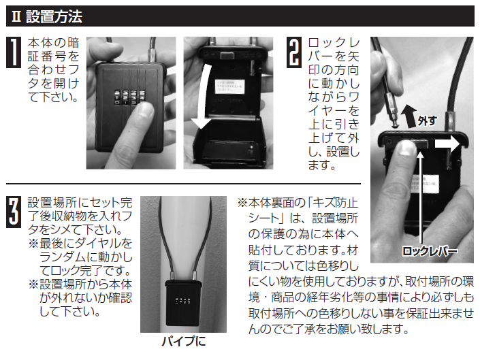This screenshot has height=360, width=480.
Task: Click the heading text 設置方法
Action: tap(54, 16)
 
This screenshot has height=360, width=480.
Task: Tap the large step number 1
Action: tap(14, 52)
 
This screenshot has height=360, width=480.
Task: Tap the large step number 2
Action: tap(294, 52)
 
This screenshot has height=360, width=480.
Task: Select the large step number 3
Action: tap(14, 212)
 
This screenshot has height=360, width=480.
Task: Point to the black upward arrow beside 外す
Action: tap(409, 116)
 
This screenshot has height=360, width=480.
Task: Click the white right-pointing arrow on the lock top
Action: tap(447, 143)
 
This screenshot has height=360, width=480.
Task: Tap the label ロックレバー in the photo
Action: tap(430, 251)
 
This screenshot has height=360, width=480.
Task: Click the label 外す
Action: tap(428, 120)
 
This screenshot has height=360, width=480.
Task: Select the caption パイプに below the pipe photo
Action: tap(184, 341)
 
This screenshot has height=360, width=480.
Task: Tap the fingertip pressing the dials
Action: tap(143, 112)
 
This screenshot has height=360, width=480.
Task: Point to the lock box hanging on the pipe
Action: tap(183, 302)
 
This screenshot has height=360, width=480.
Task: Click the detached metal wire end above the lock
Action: tap(391, 110)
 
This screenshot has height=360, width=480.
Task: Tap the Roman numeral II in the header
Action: tap(16, 16)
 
